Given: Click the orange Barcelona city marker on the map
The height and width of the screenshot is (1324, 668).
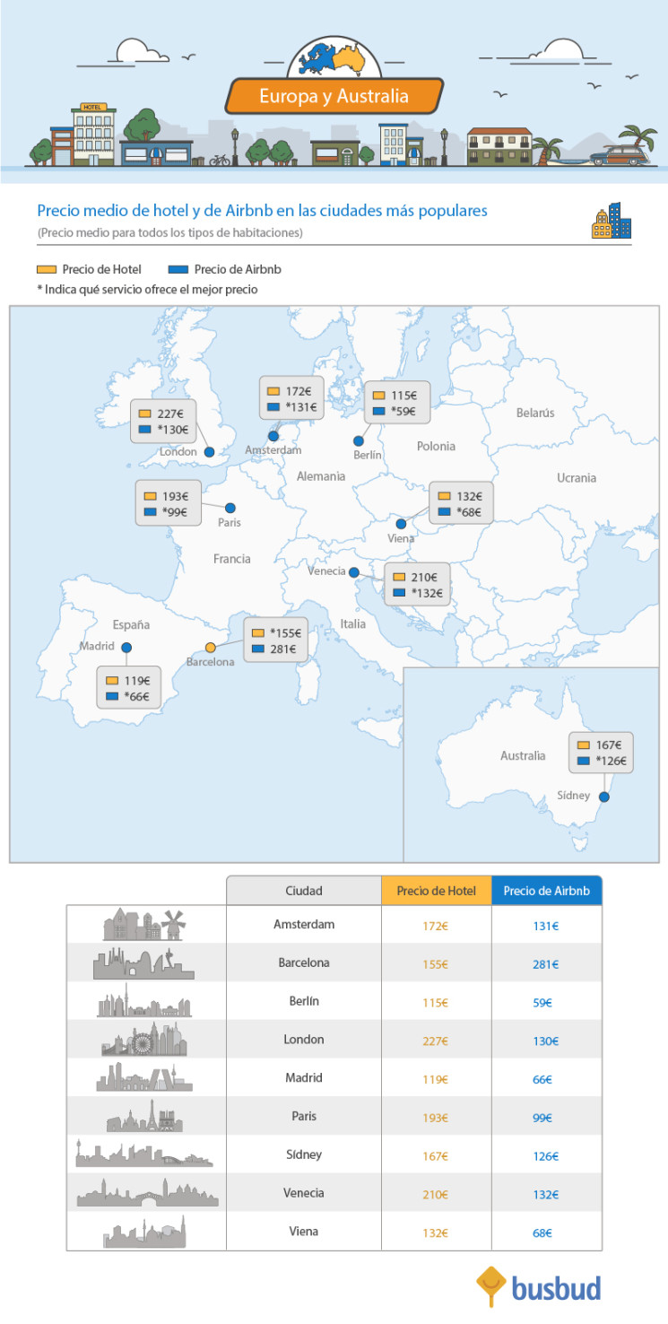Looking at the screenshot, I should click(211, 648).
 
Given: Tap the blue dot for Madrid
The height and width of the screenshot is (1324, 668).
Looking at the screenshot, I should click(126, 647).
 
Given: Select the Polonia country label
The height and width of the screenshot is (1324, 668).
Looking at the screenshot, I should click(436, 446).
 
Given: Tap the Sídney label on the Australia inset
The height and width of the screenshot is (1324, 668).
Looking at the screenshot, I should click(573, 795).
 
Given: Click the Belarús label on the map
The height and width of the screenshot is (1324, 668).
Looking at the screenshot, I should click(535, 413).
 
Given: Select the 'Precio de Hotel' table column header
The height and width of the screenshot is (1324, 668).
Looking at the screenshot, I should click(436, 891).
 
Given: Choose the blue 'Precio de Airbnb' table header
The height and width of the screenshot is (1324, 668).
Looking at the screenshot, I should click(546, 891).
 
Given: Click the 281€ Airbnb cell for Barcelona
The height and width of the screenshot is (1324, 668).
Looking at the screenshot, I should click(545, 964).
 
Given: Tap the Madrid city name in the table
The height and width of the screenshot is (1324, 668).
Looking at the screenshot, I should click(303, 1078).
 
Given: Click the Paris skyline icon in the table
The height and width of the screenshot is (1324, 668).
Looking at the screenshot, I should click(145, 1116).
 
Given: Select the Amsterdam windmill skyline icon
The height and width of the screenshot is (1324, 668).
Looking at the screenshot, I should click(144, 924).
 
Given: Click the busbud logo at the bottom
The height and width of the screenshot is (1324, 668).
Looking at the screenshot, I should click(539, 1288).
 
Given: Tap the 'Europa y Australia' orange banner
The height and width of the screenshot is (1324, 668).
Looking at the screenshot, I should click(334, 96).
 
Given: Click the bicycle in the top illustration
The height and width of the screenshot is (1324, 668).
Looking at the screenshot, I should click(220, 161).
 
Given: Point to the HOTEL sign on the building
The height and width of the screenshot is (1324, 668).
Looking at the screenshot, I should click(93, 108).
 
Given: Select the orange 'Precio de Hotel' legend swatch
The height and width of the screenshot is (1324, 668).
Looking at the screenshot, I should click(47, 269).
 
